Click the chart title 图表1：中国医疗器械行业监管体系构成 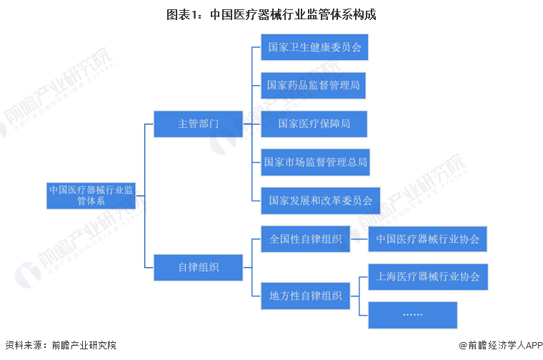point(271,15)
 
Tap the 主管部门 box point(198,124)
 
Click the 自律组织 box point(198,267)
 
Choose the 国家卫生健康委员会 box point(314,48)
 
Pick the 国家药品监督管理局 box point(314,86)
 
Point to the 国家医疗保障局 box point(314,124)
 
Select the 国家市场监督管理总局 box point(315,162)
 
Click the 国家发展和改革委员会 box point(320,201)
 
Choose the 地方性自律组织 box point(305,294)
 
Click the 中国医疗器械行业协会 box point(427,239)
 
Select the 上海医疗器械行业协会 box point(427,276)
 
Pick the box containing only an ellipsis point(412,314)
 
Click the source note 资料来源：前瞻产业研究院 point(60,345)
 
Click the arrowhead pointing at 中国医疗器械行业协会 point(365,239)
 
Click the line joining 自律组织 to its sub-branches point(246,267)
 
